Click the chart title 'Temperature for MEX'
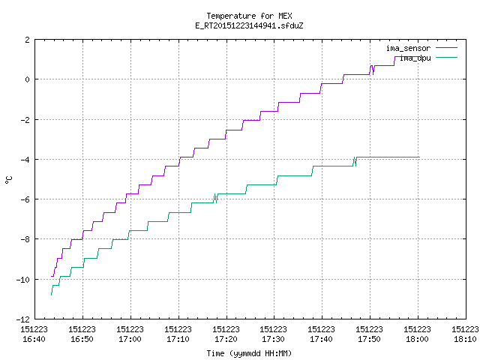[249, 16]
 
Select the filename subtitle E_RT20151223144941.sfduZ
[249, 25]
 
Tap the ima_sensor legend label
[408, 48]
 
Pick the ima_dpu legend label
[415, 58]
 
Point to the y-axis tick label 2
[28, 40]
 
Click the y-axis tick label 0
[28, 79]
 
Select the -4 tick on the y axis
[25, 160]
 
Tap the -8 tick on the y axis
[25, 239]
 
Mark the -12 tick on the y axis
[23, 319]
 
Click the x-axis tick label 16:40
[34, 339]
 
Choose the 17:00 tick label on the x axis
[130, 339]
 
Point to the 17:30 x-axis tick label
[273, 339]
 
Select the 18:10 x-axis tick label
[465, 339]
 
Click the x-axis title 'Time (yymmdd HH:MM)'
[249, 353]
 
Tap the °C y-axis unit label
[9, 180]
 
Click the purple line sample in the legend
[446, 48]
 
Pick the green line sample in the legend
[446, 57]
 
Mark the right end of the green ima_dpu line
[419, 157]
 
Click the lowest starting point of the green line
[51, 295]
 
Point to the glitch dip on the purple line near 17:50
[373, 74]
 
